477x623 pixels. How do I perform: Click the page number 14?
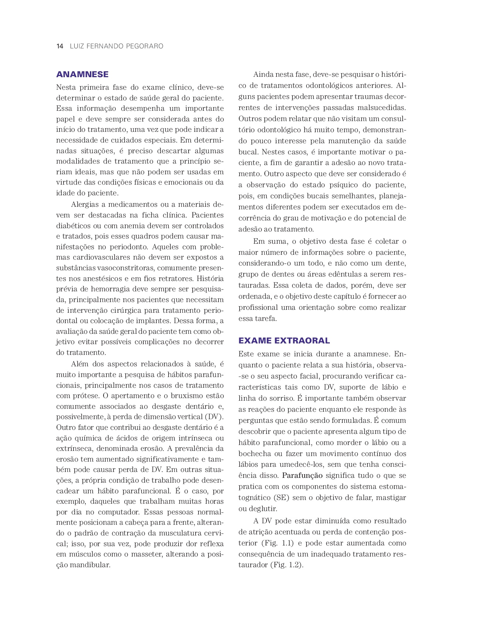pos(60,46)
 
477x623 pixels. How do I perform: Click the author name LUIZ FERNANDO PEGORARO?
pos(116,46)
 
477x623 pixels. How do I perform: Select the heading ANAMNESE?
pos(82,75)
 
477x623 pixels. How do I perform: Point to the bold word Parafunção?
pos(302,475)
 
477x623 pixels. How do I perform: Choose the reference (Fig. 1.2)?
pos(287,565)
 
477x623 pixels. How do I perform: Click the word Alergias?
pos(85,205)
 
